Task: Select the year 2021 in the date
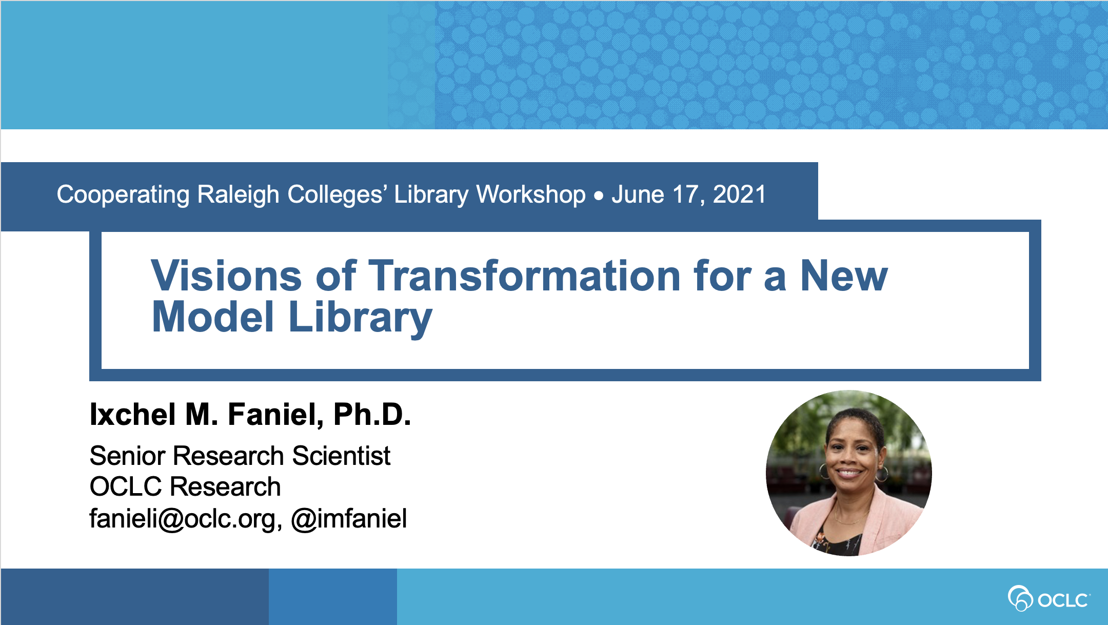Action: click(739, 194)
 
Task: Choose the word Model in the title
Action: click(213, 317)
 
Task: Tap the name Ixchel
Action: click(133, 414)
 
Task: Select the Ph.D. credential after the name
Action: click(372, 414)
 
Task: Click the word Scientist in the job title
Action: click(342, 456)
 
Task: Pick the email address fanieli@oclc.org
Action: click(185, 518)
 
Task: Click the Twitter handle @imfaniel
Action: click(349, 518)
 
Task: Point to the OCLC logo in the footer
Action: click(1049, 598)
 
